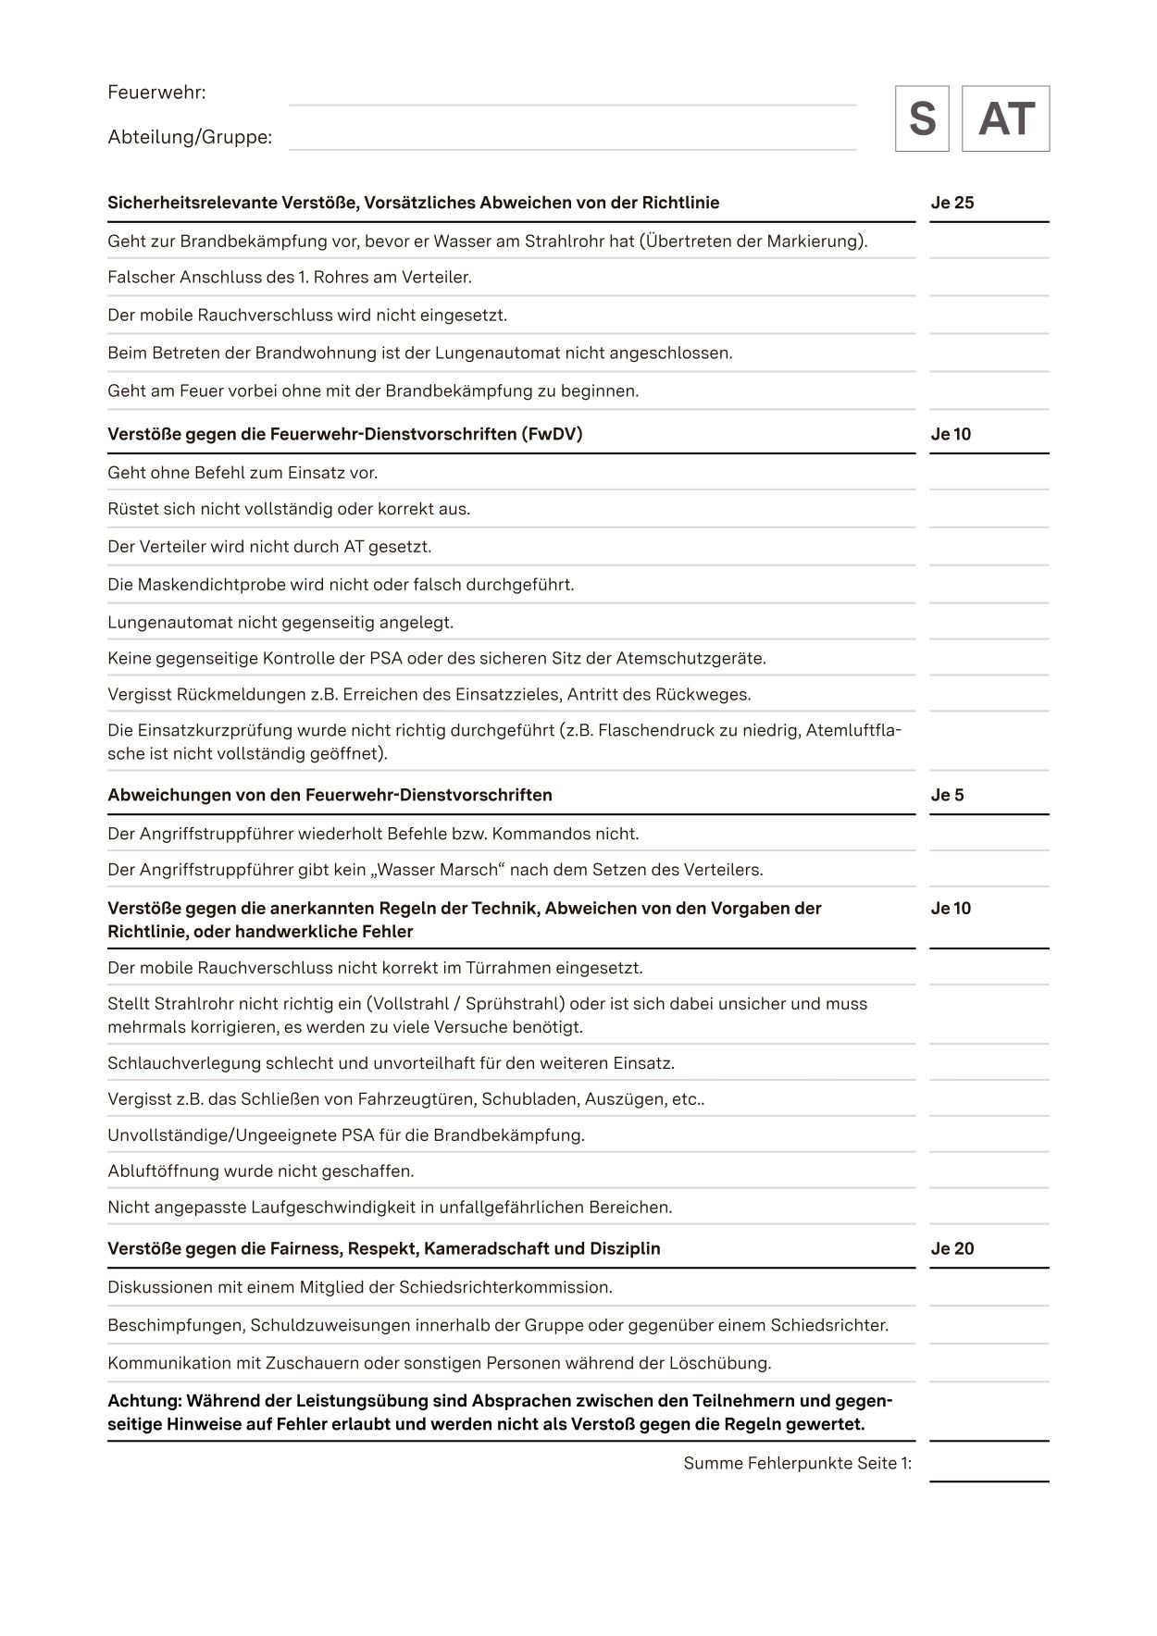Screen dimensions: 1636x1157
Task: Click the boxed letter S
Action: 922,118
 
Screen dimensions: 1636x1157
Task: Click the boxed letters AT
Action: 1005,118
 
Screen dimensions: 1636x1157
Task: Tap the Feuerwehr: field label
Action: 156,93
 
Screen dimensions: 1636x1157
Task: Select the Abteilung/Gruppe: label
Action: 190,137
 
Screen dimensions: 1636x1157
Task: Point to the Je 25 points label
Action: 952,203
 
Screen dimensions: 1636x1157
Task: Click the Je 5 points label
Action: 947,795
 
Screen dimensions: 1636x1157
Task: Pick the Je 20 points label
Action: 952,1248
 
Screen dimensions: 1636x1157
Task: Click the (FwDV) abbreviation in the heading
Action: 552,434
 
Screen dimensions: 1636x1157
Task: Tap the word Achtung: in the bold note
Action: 144,1401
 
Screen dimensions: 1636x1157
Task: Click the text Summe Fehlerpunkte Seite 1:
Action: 797,1463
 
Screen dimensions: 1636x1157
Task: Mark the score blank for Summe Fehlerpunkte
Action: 989,1466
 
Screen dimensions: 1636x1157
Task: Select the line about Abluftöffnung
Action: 261,1171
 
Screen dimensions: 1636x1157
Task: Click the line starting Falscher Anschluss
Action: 290,277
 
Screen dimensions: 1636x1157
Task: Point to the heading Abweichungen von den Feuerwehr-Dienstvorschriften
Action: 330,795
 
